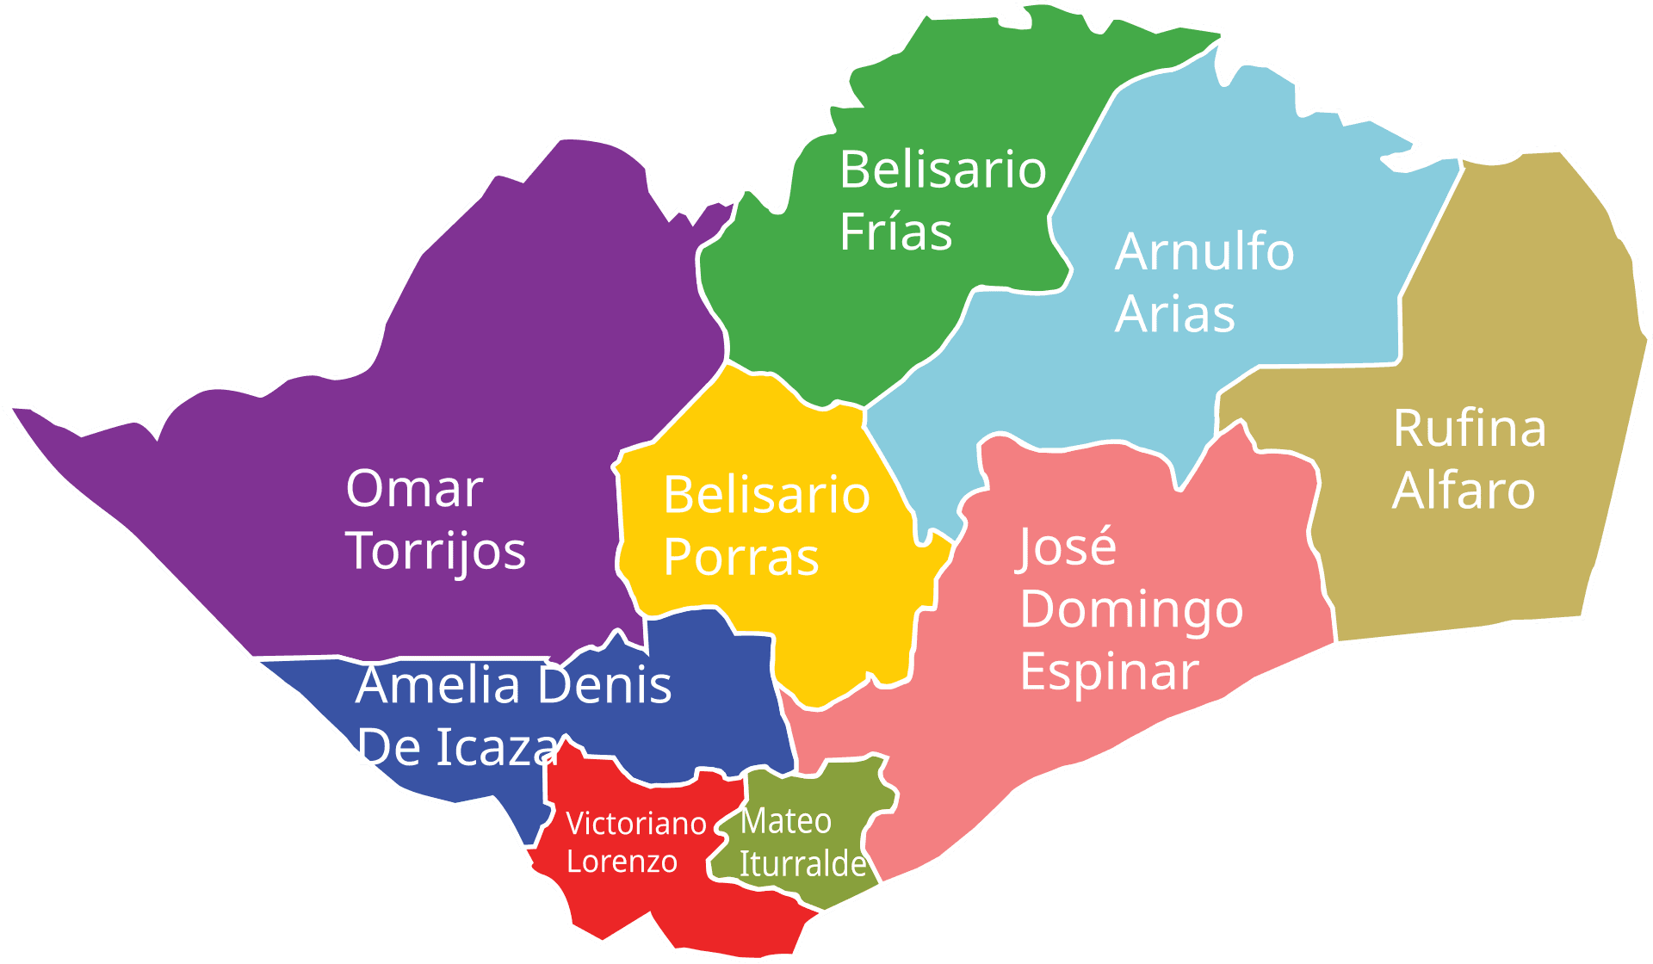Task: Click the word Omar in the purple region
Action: (414, 489)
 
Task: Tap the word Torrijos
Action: (436, 551)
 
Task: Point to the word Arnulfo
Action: (1204, 251)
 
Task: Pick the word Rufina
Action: (1469, 428)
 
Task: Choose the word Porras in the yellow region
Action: (740, 557)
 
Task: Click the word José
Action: (1068, 547)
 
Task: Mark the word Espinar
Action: (1109, 671)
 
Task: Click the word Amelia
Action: (437, 685)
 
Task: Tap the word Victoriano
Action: (636, 824)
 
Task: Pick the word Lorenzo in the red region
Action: (622, 862)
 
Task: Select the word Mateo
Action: (785, 821)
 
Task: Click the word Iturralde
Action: (802, 863)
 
